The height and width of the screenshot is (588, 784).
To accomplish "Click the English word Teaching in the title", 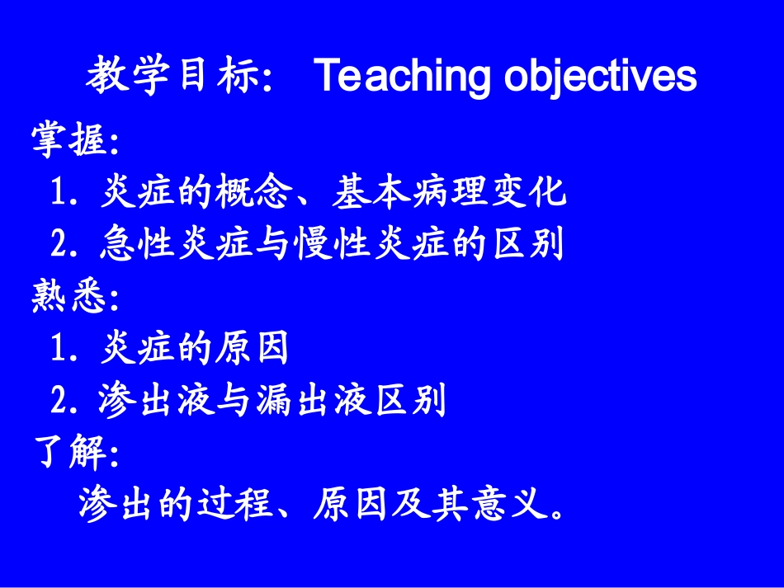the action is click(403, 77).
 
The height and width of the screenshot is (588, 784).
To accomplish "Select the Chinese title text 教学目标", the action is click(173, 75).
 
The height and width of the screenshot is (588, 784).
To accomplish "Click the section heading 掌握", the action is click(68, 140).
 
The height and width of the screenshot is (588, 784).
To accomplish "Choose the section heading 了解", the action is click(68, 451).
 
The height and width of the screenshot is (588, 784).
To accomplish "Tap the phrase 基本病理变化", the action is click(450, 192).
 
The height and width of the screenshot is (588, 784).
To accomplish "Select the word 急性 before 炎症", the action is click(137, 244).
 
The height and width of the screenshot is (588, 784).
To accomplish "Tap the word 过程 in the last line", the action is click(234, 504).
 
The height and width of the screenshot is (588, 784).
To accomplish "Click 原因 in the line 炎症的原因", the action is click(253, 348).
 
